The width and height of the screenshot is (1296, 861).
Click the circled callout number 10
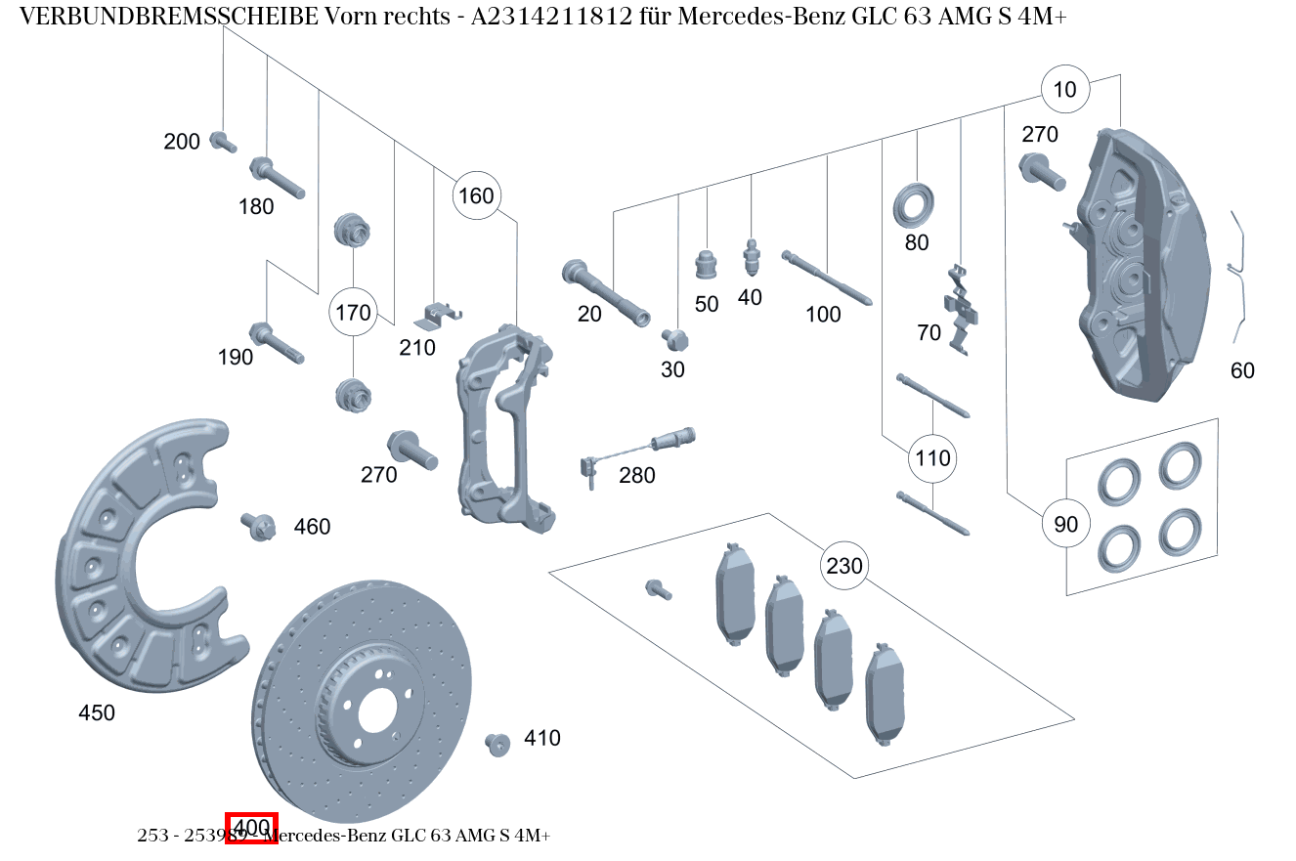click(x=1064, y=90)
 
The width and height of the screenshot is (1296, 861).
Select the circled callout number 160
click(x=476, y=195)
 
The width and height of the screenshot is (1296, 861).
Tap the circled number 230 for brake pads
click(x=844, y=566)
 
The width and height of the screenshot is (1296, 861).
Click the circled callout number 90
click(x=1065, y=525)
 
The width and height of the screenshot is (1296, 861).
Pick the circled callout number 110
click(x=932, y=457)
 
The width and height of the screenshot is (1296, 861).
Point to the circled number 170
click(x=353, y=313)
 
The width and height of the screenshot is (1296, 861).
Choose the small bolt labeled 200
click(x=222, y=142)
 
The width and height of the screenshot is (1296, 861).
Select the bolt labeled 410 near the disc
click(x=497, y=744)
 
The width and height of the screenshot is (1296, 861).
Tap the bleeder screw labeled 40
click(x=751, y=258)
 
